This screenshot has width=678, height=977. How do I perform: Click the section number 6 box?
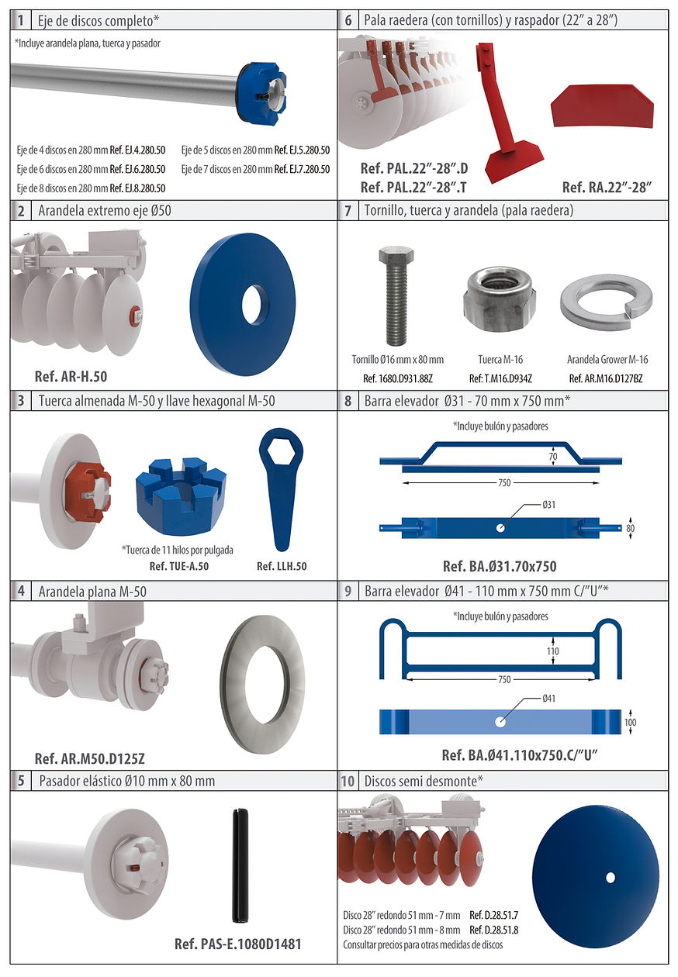348,20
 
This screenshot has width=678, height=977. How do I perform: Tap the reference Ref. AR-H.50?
71,376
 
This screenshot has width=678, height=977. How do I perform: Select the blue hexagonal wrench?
281,490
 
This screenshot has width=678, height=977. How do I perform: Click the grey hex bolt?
396,296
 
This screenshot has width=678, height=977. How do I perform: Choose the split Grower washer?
607,302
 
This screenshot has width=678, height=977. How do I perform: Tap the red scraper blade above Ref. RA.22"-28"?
602,106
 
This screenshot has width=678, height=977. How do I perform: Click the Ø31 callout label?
548,505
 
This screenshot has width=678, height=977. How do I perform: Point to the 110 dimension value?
553,651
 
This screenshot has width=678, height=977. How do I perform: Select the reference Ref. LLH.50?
282,566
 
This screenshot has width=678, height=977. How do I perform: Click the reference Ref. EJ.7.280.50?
302,169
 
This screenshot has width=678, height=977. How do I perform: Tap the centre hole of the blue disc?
611,877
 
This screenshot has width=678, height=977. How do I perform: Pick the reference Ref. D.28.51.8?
494,930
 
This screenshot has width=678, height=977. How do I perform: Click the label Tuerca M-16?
500,360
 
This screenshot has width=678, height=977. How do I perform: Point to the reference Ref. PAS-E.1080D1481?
238,944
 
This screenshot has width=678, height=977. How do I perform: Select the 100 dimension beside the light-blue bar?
630,722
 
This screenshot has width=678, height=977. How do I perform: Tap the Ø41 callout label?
548,699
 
